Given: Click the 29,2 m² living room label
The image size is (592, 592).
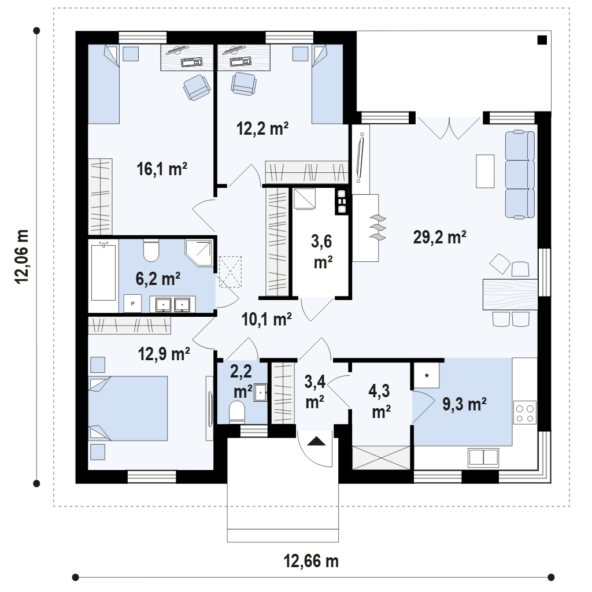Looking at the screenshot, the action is tap(439, 237).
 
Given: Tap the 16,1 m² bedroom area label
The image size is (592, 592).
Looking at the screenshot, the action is tap(162, 169).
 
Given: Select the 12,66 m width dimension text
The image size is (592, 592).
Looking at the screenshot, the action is tap(311, 561).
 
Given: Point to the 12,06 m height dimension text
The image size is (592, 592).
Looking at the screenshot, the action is tap(21, 256).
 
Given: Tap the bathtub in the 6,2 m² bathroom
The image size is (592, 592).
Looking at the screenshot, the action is tap(103, 271).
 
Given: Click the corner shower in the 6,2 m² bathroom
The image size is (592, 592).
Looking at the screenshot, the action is tap(199, 253).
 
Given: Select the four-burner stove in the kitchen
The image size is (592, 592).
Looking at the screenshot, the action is tap(525, 413).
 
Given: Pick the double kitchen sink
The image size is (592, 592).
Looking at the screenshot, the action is tap(483, 457).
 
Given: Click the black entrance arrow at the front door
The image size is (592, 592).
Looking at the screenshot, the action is tap(316, 441).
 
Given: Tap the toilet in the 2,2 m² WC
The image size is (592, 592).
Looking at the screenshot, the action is tap(237, 411).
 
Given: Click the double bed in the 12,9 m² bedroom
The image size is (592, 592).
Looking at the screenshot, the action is tap(128, 408).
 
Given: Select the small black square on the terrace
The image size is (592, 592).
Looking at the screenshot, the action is tap(542, 40).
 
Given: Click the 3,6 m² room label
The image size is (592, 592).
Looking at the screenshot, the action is tap(322, 251).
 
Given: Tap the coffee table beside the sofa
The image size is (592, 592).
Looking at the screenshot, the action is tap(485, 171).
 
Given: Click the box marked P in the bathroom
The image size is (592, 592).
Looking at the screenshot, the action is tap(133, 304).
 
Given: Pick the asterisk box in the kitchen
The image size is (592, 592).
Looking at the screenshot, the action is tap(427, 375).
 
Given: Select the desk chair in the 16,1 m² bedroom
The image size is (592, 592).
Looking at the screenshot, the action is tap(197, 88).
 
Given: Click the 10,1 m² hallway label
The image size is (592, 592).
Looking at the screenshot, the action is tap(267, 319).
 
